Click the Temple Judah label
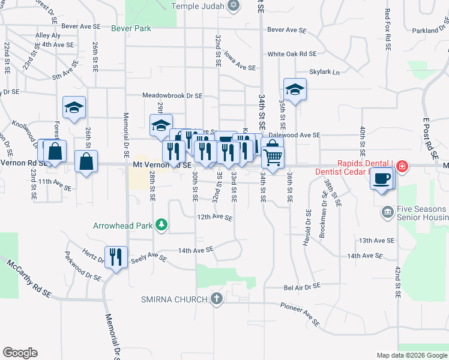(x=197, y=6)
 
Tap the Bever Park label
(x=131, y=28)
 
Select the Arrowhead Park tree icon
(x=161, y=226)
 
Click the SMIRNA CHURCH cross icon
(x=216, y=298)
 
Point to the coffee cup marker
(x=382, y=178)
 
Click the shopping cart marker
(x=273, y=157)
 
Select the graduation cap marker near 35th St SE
(x=294, y=90)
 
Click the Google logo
(x=20, y=353)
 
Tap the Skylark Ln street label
(x=324, y=72)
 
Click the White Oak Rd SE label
(x=291, y=54)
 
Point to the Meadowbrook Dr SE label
(x=172, y=95)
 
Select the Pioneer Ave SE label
(x=298, y=310)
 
